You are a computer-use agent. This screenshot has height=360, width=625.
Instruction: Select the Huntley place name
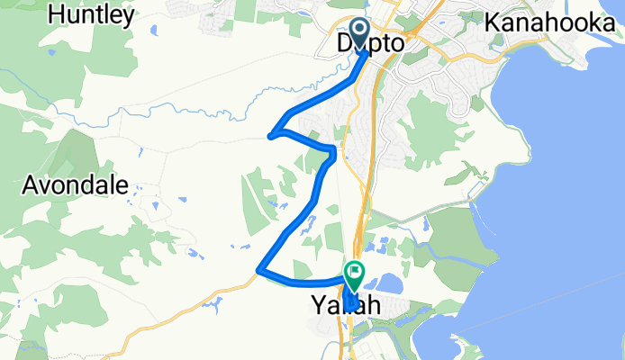coord(92,15)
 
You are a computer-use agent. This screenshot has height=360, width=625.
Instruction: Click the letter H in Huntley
coord(58,15)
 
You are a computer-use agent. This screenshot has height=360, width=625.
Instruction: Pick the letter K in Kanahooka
coord(493,22)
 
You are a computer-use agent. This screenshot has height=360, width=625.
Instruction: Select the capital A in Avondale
coord(29,186)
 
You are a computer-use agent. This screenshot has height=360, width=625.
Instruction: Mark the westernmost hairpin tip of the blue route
coord(270,137)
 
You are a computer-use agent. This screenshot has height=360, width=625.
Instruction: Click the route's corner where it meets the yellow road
coord(259,269)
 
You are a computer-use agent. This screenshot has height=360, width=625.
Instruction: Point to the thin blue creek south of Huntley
coord(135,112)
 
